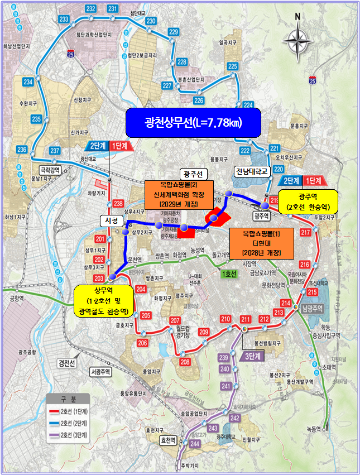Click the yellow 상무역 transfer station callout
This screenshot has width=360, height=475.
coord(103,301)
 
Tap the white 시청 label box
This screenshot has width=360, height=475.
coord(110,221)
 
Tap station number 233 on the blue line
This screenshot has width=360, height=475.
coord(64,20)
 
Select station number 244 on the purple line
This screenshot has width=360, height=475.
coord(194,443)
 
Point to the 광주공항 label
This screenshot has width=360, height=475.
coord(28,352)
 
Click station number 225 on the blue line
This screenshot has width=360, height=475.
coord(233,66)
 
